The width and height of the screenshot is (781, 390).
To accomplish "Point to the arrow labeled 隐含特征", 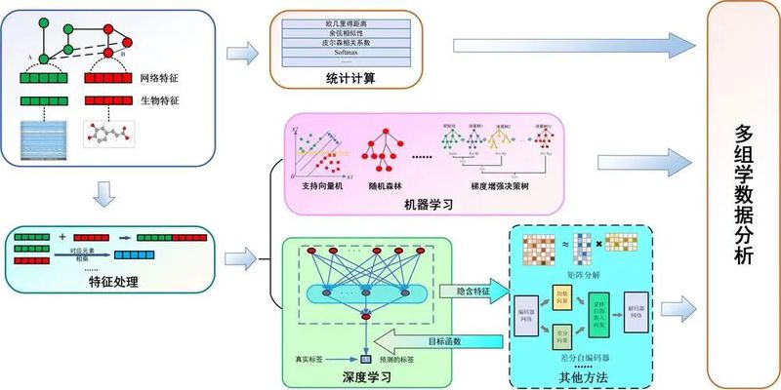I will [x=472, y=291].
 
